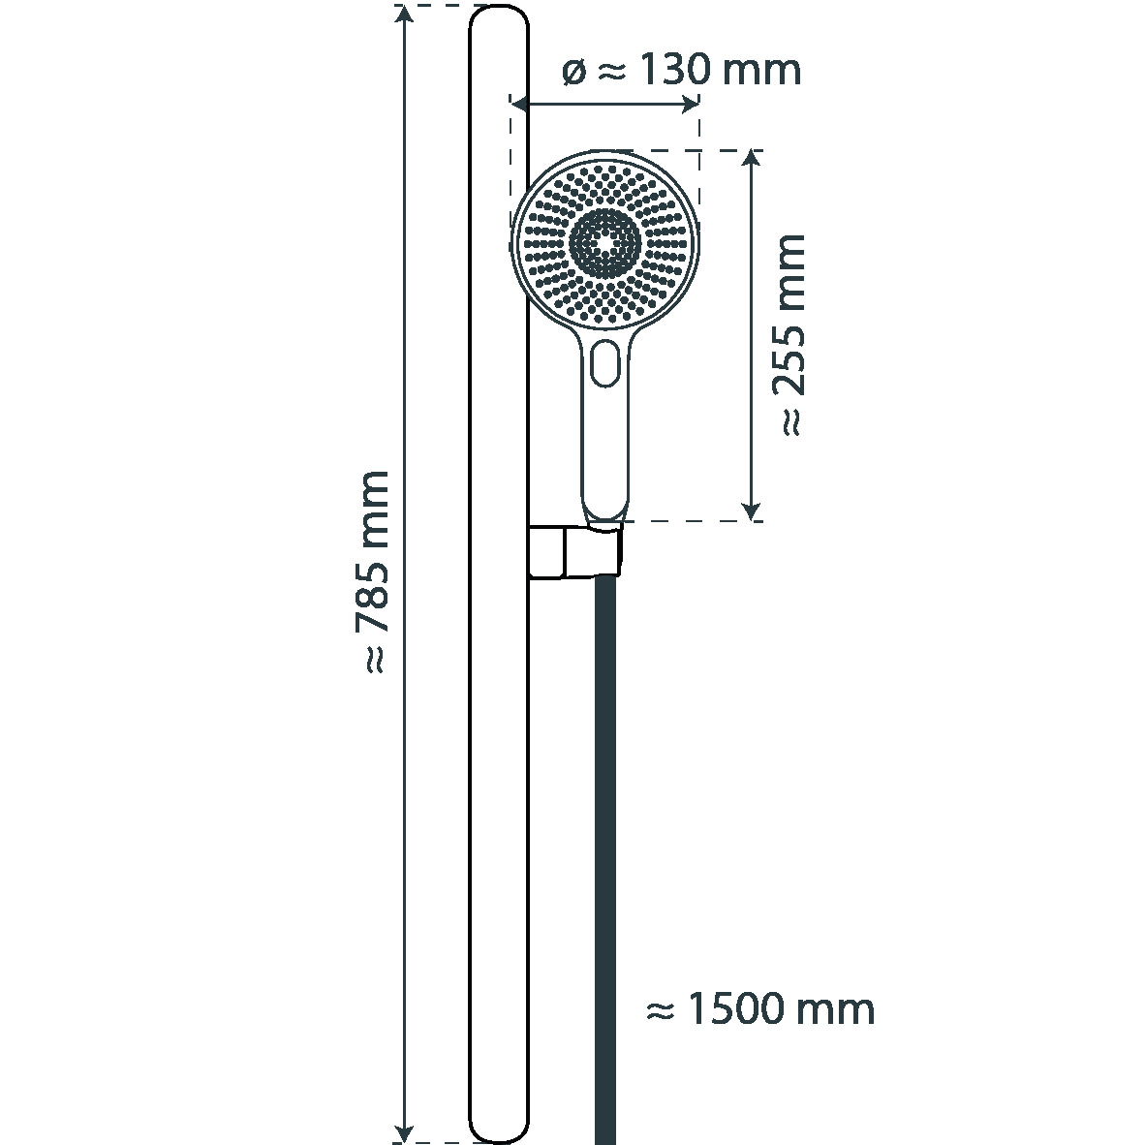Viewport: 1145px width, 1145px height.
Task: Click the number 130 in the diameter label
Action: pyautogui.click(x=675, y=70)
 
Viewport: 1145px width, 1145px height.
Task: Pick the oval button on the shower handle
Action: pyautogui.click(x=605, y=362)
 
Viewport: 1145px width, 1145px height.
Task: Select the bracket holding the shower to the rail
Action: pyautogui.click(x=575, y=552)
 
